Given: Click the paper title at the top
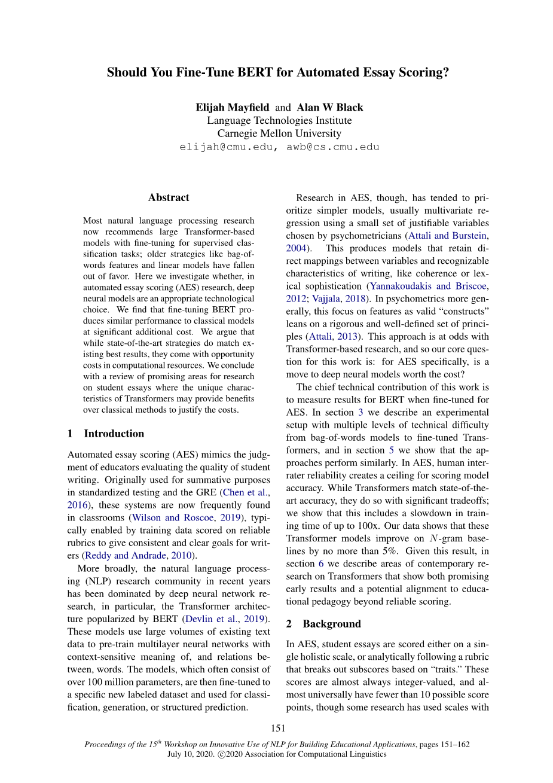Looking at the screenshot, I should click(x=277, y=73).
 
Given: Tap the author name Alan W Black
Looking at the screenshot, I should click(x=330, y=108).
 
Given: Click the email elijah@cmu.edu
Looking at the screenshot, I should click(x=227, y=147).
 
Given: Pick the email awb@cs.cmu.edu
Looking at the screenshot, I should click(x=332, y=147).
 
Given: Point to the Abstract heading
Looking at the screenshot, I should click(x=169, y=198).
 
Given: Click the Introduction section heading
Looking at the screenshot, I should click(x=114, y=434).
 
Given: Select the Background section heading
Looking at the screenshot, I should click(x=331, y=624).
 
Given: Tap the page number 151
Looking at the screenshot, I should click(x=278, y=729).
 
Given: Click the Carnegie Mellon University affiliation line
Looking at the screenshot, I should click(x=279, y=134).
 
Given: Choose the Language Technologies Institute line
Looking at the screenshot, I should click(x=279, y=121).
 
